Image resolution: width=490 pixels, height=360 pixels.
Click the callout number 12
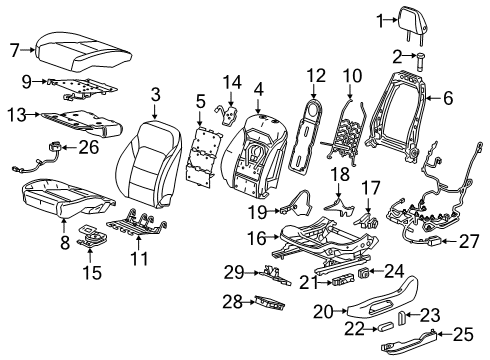317,76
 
